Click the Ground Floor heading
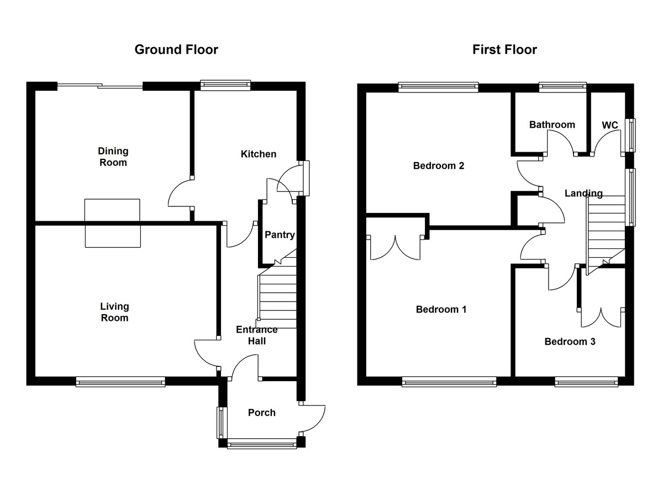[176, 50]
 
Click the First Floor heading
[504, 50]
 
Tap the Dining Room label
[113, 157]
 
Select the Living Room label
[114, 312]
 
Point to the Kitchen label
[258, 154]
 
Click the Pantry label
[280, 235]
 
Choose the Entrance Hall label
[257, 335]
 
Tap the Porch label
[261, 412]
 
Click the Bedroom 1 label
[441, 309]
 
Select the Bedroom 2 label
[439, 165]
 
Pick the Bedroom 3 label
[570, 341]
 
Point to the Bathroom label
[552, 124]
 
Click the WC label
[609, 125]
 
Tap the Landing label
[583, 193]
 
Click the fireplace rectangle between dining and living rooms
[112, 222]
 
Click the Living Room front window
[120, 381]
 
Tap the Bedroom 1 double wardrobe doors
[396, 246]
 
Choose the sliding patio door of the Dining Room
[100, 85]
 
